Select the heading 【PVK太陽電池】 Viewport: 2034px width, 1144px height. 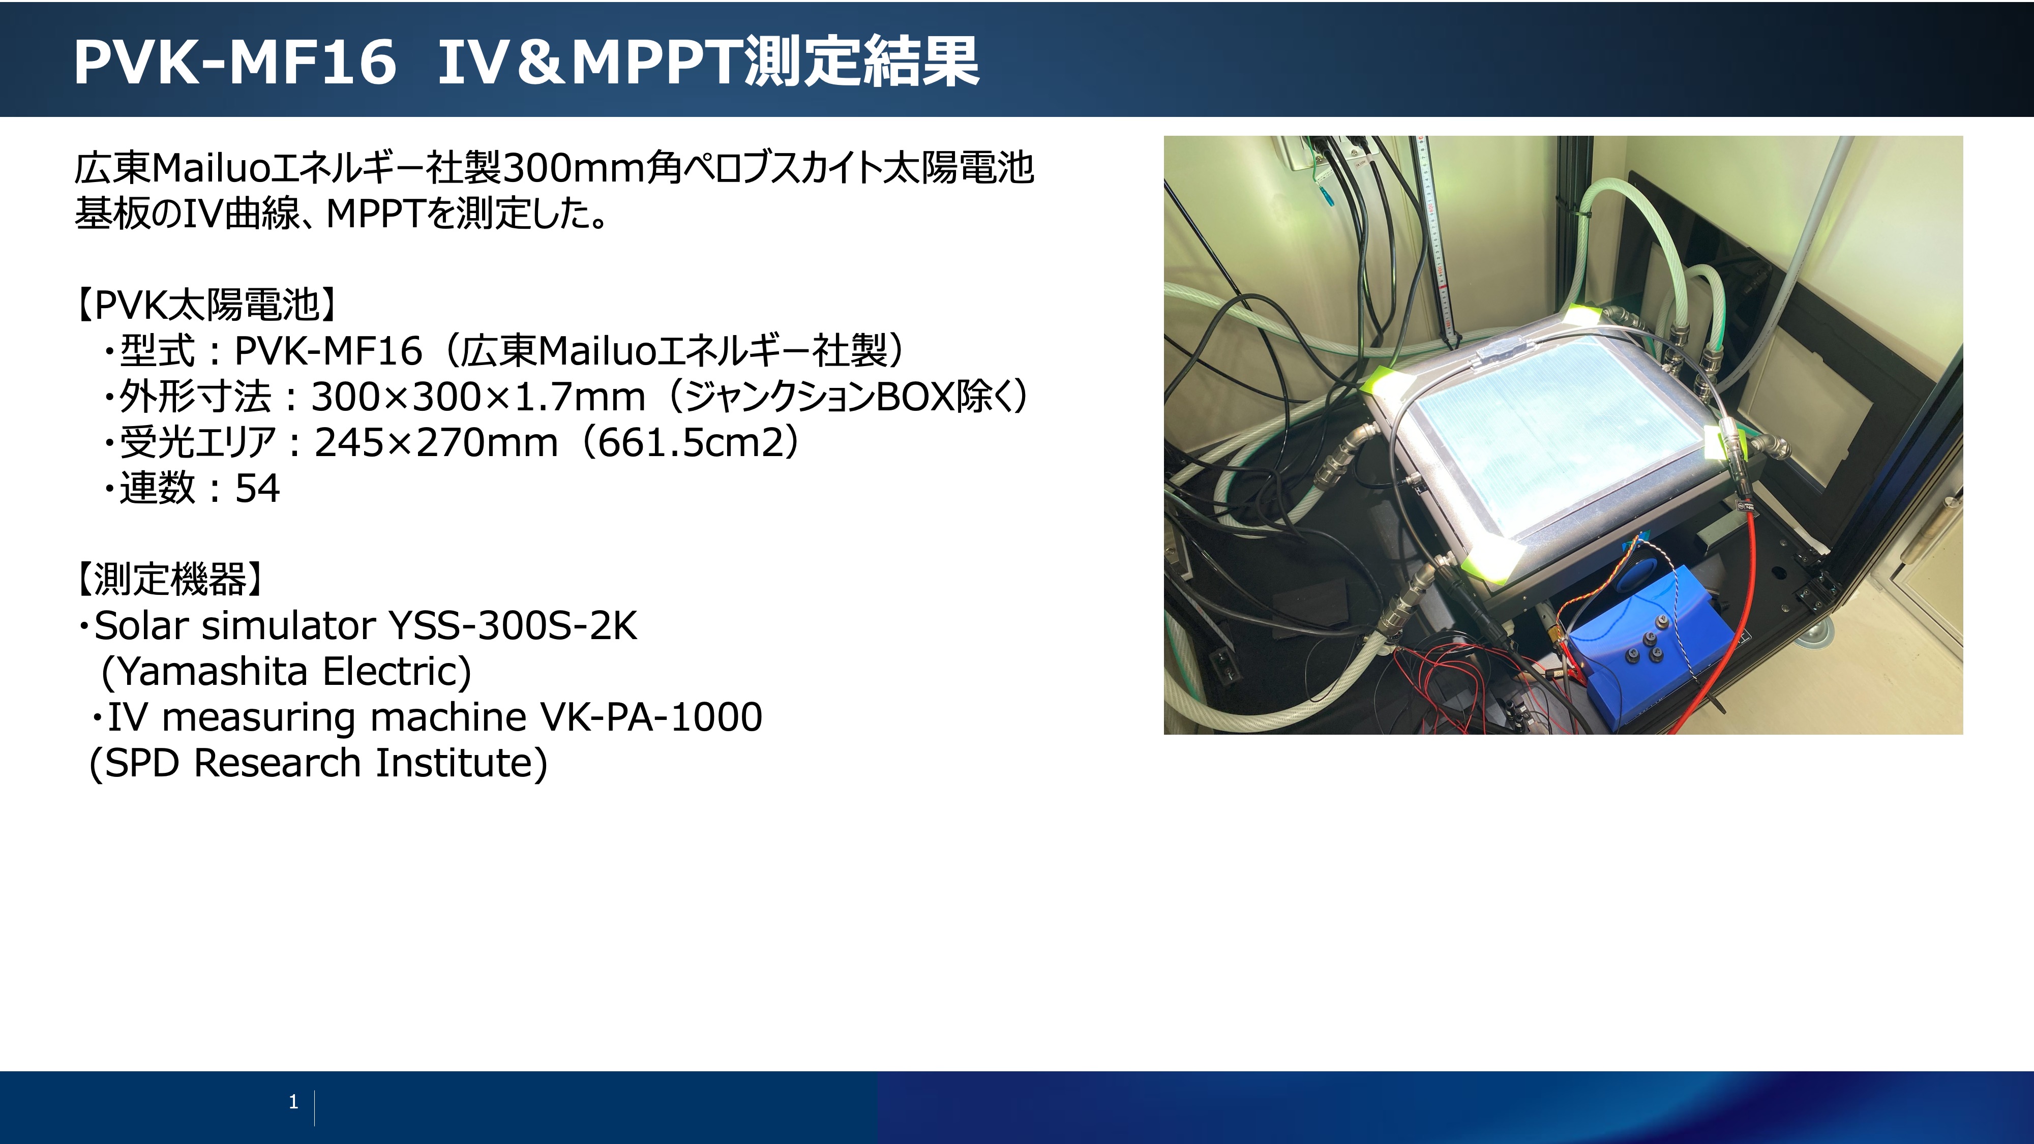coord(207,305)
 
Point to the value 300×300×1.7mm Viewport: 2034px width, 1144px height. coord(478,397)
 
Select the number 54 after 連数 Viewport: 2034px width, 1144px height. coord(257,488)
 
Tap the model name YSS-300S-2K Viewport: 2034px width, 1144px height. coord(513,625)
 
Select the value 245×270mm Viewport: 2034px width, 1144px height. coord(436,442)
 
